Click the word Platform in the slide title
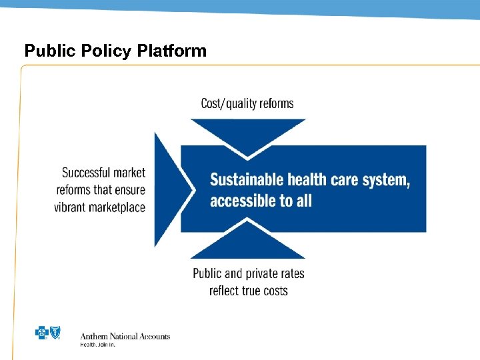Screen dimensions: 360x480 coord(175,51)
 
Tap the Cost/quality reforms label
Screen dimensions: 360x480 coord(247,103)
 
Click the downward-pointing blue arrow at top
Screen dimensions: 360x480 coord(247,133)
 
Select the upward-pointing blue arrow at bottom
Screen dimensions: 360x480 coord(247,244)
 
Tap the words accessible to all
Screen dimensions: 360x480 coord(261,201)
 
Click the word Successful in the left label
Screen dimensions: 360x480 coord(86,173)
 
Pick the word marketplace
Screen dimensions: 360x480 coord(117,207)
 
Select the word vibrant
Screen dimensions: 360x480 coord(71,207)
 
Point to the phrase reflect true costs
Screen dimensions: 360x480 coord(248,291)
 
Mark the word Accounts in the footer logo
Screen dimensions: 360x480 coord(155,337)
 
